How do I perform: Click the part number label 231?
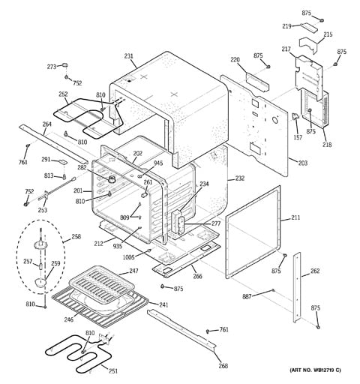pyautogui.click(x=128, y=56)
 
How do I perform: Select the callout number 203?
pyautogui.click(x=303, y=163)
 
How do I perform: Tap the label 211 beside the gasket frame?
pyautogui.click(x=295, y=217)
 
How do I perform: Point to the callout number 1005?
pyautogui.click(x=128, y=256)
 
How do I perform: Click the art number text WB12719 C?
pyautogui.click(x=325, y=370)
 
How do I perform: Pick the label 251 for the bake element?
pyautogui.click(x=113, y=371)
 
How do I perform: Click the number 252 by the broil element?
pyautogui.click(x=63, y=94)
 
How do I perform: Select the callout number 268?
pyautogui.click(x=223, y=366)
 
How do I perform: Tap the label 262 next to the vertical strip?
pyautogui.click(x=315, y=271)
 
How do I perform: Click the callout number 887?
pyautogui.click(x=247, y=296)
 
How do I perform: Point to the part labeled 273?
pyautogui.click(x=65, y=65)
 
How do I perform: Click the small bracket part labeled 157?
pyautogui.click(x=295, y=116)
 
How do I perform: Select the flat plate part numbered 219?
pyautogui.click(x=309, y=27)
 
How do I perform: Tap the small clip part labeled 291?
pyautogui.click(x=63, y=162)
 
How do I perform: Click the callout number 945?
pyautogui.click(x=158, y=163)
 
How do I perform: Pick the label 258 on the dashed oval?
pyautogui.click(x=76, y=236)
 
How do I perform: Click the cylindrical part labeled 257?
pyautogui.click(x=40, y=265)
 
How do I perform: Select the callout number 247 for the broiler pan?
pyautogui.click(x=133, y=271)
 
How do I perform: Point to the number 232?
pyautogui.click(x=239, y=178)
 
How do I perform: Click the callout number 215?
pyautogui.click(x=328, y=34)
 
